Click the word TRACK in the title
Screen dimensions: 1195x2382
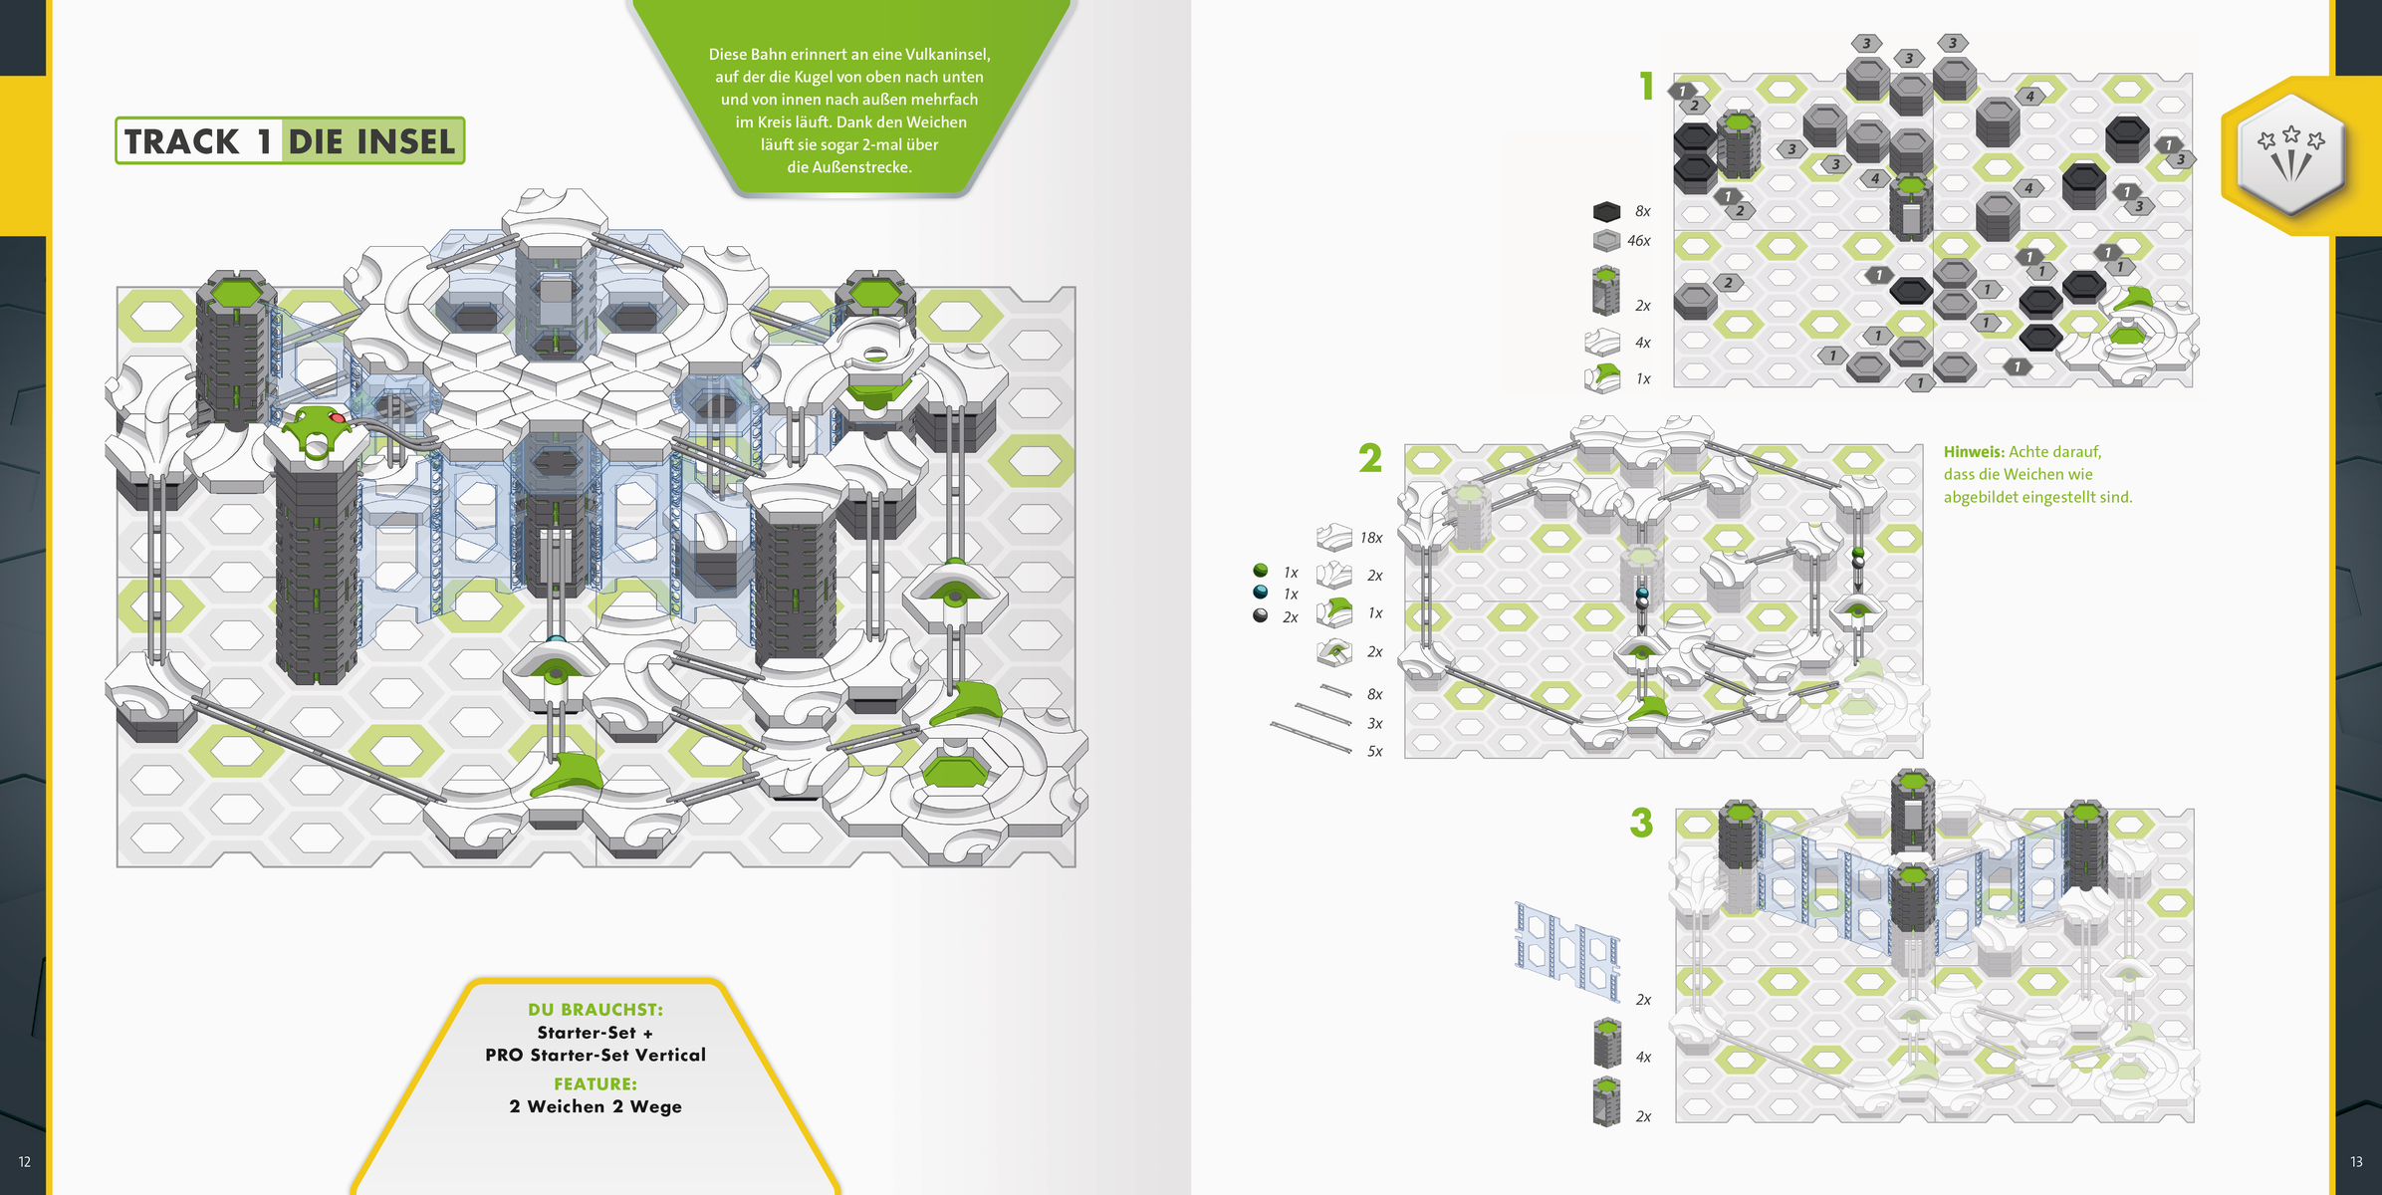click(181, 141)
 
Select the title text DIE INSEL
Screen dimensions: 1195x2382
click(371, 141)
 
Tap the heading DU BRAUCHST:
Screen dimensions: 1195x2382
click(595, 1010)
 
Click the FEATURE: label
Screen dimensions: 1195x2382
click(595, 1083)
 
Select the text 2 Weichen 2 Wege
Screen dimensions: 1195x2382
click(595, 1106)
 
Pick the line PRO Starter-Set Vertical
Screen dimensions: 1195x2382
click(595, 1055)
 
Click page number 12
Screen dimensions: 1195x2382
click(25, 1161)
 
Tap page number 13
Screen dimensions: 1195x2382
click(2356, 1161)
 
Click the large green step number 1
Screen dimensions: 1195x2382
click(1647, 87)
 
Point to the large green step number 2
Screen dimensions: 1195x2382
click(1370, 458)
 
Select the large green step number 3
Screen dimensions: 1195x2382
click(1641, 823)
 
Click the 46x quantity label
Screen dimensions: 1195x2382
click(1638, 241)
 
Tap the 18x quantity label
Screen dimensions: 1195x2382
click(1371, 538)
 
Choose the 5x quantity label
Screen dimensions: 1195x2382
click(1374, 751)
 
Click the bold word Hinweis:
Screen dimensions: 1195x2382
click(1974, 452)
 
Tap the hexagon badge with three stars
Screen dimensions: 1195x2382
click(2291, 154)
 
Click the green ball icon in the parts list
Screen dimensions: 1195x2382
click(1261, 571)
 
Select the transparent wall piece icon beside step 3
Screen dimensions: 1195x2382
click(1567, 949)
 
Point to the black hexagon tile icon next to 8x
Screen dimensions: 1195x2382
click(1606, 211)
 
